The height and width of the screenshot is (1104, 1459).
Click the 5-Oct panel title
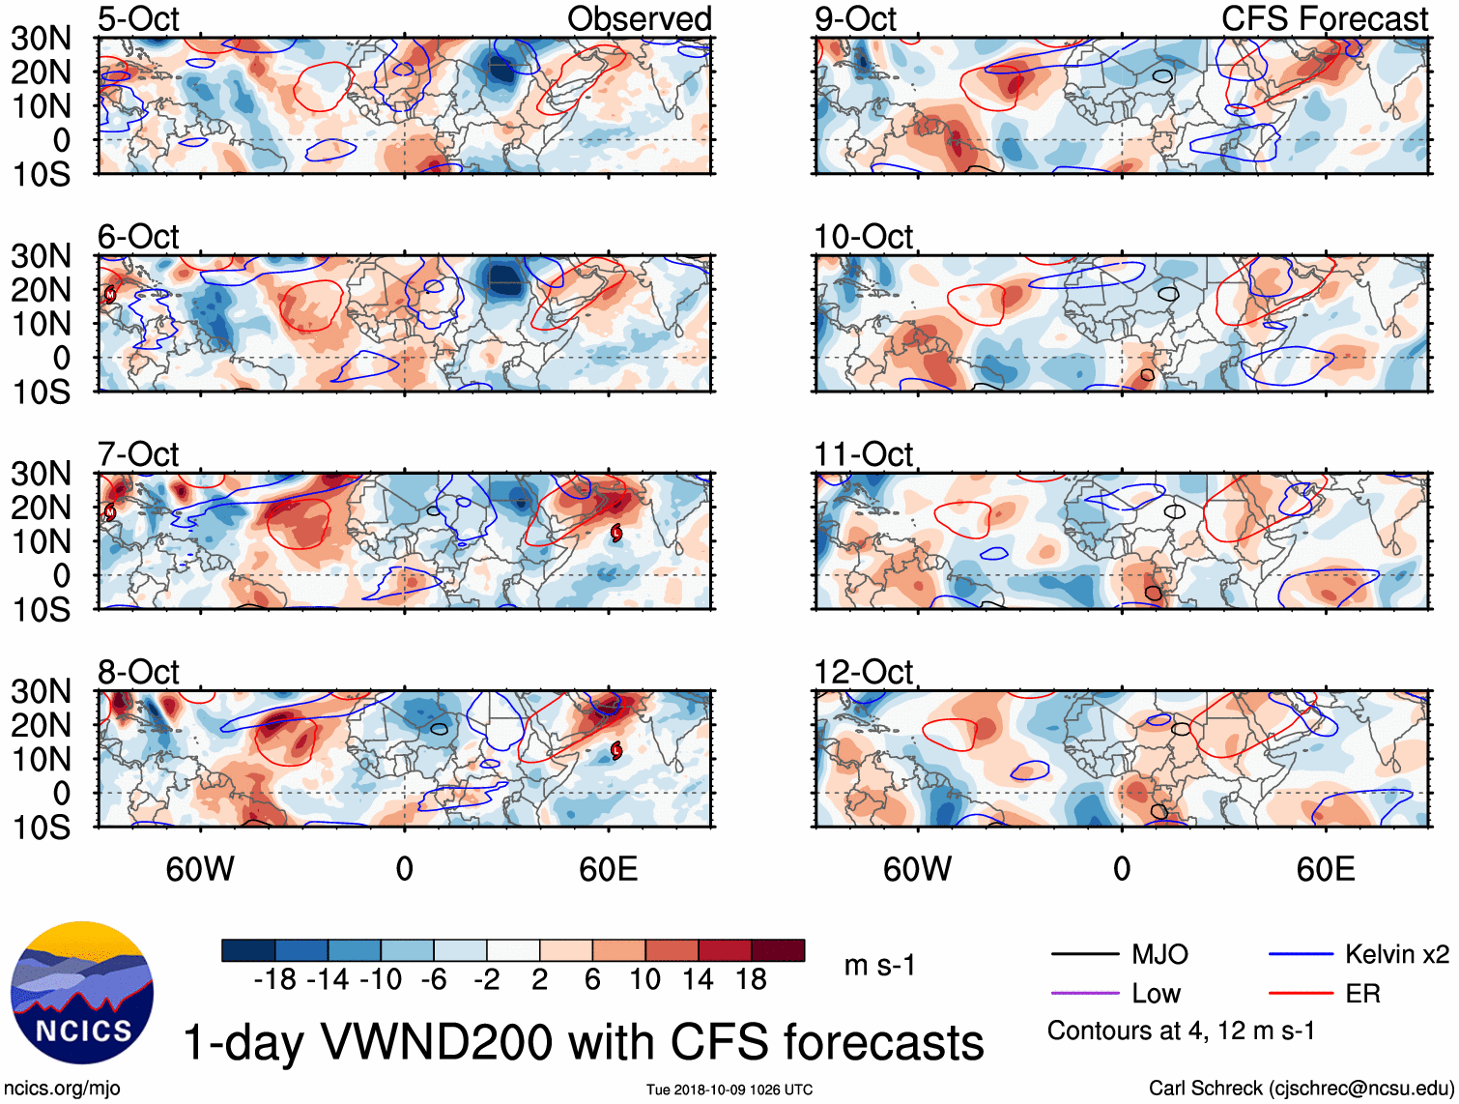(x=138, y=19)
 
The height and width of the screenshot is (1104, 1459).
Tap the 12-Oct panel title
(x=863, y=672)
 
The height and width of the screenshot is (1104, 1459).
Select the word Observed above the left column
(x=639, y=19)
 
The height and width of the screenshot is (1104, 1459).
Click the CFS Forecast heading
(x=1324, y=19)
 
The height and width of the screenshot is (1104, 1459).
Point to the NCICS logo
(x=82, y=993)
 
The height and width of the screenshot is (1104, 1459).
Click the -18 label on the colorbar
(x=274, y=980)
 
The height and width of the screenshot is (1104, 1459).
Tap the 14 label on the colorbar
(x=699, y=980)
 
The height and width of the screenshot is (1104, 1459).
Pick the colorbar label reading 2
(x=539, y=980)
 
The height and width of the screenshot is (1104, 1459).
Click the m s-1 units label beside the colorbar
(x=879, y=966)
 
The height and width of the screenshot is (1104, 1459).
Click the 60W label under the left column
(x=200, y=869)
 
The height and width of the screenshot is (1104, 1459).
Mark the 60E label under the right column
(x=1325, y=869)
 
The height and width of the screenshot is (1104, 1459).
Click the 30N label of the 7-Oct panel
(x=41, y=474)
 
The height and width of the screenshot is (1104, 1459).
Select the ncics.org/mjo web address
(x=62, y=1089)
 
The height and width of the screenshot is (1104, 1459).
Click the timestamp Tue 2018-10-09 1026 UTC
(x=729, y=1089)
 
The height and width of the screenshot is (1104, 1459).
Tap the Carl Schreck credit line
(x=1301, y=1089)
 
